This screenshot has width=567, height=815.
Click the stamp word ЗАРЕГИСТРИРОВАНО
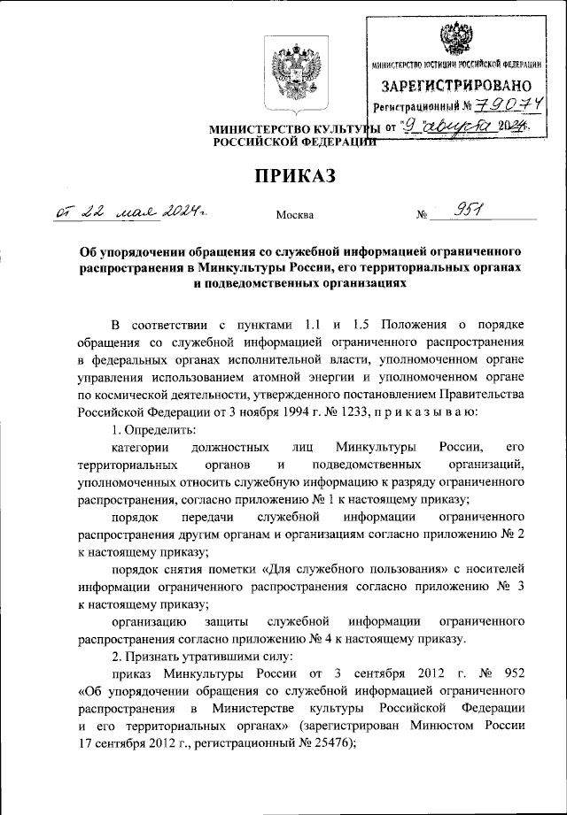(x=456, y=86)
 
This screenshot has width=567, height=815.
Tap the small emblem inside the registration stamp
(x=457, y=37)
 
